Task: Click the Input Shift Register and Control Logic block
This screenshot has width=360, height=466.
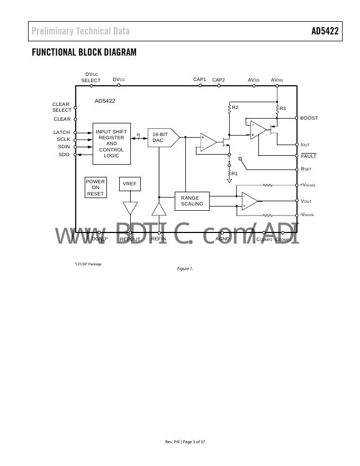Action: click(x=111, y=144)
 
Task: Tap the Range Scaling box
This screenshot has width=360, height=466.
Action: click(x=192, y=201)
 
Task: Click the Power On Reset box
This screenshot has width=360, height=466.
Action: click(x=95, y=187)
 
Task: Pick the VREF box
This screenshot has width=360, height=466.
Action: click(x=130, y=184)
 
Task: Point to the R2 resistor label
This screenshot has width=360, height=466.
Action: click(x=235, y=107)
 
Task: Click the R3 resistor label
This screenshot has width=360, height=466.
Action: click(x=283, y=109)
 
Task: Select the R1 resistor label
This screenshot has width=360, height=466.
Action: click(x=235, y=173)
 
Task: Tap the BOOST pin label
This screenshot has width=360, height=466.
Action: click(x=309, y=118)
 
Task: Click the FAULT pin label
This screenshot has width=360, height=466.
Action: click(x=308, y=156)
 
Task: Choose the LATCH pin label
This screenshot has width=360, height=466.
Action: click(x=61, y=132)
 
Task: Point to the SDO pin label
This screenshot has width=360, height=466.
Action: click(x=64, y=155)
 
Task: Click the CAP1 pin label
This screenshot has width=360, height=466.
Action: click(x=200, y=79)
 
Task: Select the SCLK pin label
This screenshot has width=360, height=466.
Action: click(x=64, y=140)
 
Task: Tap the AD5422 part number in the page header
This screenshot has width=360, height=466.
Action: click(x=325, y=31)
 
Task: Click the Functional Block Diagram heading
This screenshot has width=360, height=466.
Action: click(x=84, y=52)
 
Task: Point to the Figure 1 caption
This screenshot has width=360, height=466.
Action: click(x=185, y=269)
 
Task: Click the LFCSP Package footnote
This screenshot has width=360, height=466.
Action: click(x=88, y=264)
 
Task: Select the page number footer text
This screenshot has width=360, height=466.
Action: click(x=185, y=442)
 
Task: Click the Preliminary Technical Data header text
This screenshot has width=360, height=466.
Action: click(x=80, y=31)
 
